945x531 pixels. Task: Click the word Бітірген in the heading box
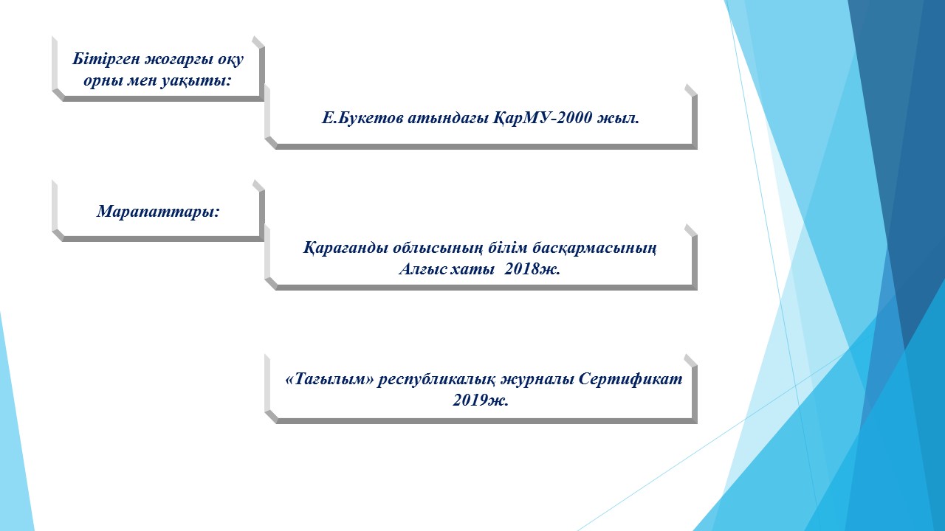coord(106,59)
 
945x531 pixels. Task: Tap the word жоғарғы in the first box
coord(179,60)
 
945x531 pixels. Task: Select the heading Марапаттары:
coord(159,212)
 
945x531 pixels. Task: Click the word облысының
coord(438,249)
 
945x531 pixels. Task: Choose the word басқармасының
coord(594,249)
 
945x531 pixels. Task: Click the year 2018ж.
coord(532,269)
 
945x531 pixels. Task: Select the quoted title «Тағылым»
coord(329,380)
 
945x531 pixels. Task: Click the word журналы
coord(537,380)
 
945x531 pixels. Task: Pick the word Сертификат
coord(630,379)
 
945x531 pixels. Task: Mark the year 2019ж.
coord(481,400)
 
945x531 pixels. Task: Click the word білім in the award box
coord(507,249)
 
